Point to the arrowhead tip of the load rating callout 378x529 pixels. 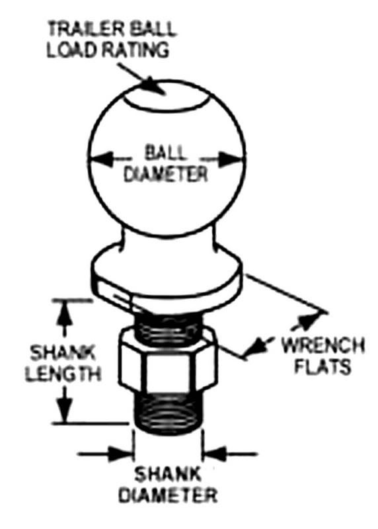[x=165, y=95]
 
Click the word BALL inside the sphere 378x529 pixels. [x=165, y=153]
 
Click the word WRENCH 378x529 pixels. [x=323, y=345]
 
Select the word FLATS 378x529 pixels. [x=323, y=367]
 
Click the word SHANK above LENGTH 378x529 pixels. [x=63, y=353]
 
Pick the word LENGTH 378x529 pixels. [x=63, y=374]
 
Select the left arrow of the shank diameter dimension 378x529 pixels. [x=106, y=454]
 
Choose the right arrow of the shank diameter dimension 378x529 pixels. [x=230, y=454]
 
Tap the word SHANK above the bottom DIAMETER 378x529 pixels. [x=168, y=474]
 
